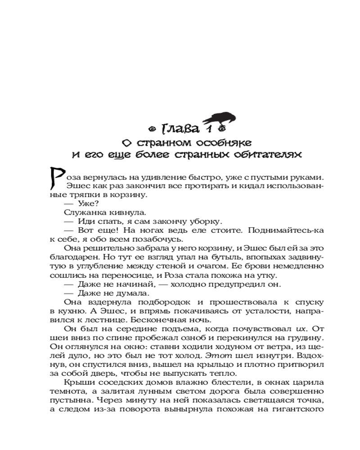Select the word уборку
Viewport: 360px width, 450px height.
pyautogui.click(x=207, y=221)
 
